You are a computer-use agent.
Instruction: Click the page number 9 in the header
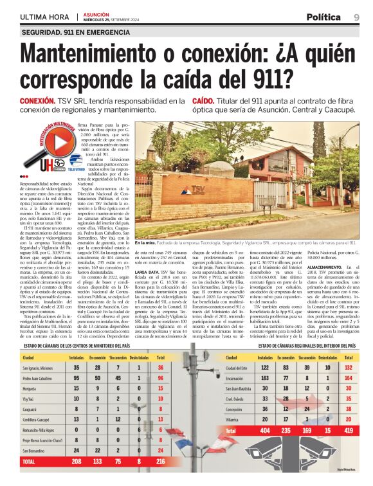click(356, 17)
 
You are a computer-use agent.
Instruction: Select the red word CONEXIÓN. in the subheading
click(37, 102)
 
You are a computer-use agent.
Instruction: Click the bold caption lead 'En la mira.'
click(145, 244)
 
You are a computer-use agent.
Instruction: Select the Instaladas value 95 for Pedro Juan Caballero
click(77, 379)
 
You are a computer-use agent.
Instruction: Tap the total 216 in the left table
click(159, 462)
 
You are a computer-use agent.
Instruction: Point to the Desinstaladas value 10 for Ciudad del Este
click(328, 368)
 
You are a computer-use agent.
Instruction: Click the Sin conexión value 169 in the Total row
click(306, 429)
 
